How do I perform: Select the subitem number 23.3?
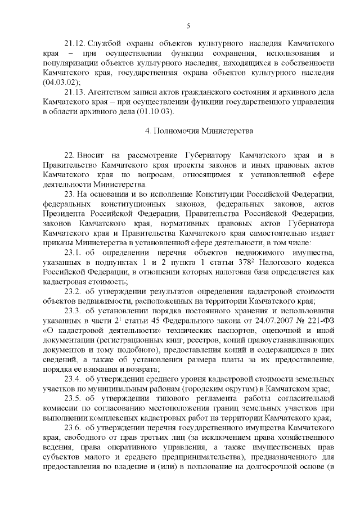74,310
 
